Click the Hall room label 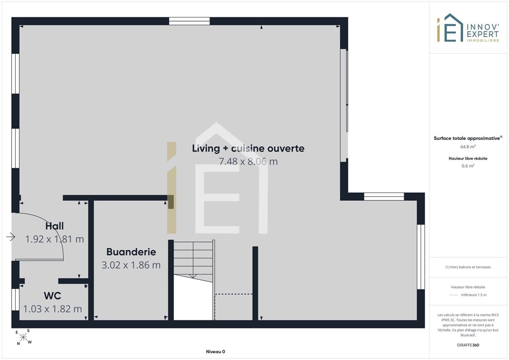click(x=54, y=226)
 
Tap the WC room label click(x=52, y=296)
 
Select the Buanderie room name click(x=131, y=252)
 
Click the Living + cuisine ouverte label click(x=248, y=148)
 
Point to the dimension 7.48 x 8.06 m click(x=248, y=162)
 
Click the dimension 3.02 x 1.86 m click(x=131, y=265)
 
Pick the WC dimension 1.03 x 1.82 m click(x=52, y=309)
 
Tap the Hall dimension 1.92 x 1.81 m click(x=54, y=239)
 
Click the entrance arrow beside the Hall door click(x=11, y=237)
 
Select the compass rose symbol click(x=23, y=337)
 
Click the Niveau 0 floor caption click(x=216, y=351)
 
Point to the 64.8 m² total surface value click(x=468, y=147)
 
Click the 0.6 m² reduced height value click(x=468, y=166)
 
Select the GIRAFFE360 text click(x=468, y=345)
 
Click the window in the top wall click(x=189, y=21)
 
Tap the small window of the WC click(x=15, y=299)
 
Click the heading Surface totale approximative click(x=468, y=138)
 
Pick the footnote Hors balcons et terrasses click(x=468, y=267)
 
